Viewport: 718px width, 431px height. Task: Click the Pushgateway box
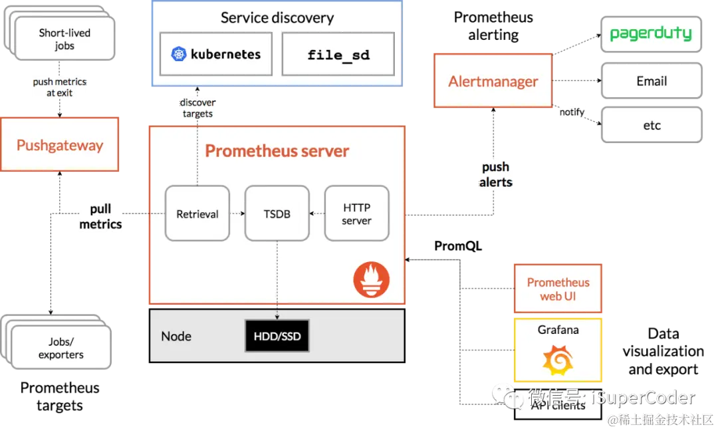pyautogui.click(x=60, y=145)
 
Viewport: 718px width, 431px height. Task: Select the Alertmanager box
pyautogui.click(x=493, y=82)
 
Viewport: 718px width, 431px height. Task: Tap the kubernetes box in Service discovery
pyautogui.click(x=216, y=54)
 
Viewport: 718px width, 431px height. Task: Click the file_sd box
pyautogui.click(x=338, y=55)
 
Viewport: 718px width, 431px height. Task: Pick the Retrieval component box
pyautogui.click(x=197, y=214)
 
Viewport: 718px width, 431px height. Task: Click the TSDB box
pyautogui.click(x=277, y=214)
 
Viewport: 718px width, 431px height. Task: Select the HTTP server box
pyautogui.click(x=356, y=214)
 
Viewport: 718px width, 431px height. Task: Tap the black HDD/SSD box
pyautogui.click(x=277, y=337)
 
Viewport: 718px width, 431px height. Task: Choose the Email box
pyautogui.click(x=651, y=81)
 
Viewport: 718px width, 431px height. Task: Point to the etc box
pyautogui.click(x=652, y=125)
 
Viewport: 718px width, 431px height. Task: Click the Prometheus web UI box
pyautogui.click(x=558, y=289)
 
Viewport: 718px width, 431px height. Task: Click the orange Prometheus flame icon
pyautogui.click(x=372, y=279)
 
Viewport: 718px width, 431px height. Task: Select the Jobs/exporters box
pyautogui.click(x=60, y=348)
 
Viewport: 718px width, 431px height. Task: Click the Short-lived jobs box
pyautogui.click(x=64, y=39)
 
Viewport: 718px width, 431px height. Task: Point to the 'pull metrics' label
pyautogui.click(x=100, y=217)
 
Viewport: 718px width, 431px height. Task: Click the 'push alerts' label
pyautogui.click(x=496, y=174)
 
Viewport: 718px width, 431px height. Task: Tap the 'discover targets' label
pyautogui.click(x=198, y=108)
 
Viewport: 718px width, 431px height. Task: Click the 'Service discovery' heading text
pyautogui.click(x=277, y=18)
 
